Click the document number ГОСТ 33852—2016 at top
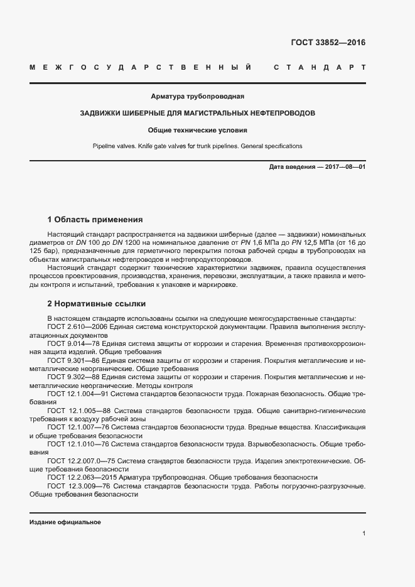[328, 43]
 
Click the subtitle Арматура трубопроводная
[197, 97]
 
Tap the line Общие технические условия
[197, 131]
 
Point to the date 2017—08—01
[343, 167]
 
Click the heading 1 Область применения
[95, 220]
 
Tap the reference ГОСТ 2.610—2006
[78, 327]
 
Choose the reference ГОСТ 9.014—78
[73, 344]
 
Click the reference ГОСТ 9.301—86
[73, 361]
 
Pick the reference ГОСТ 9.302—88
[73, 377]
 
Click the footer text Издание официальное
[65, 522]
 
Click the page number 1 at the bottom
[364, 534]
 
